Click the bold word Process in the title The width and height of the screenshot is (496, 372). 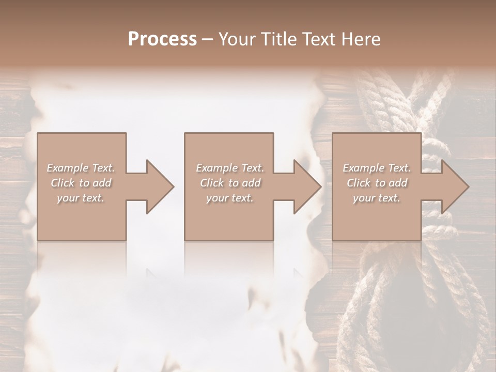tap(162, 39)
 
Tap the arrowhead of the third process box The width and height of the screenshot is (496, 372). tap(455, 187)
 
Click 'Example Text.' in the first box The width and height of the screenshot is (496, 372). tap(81, 168)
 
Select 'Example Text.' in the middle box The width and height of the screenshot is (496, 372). tap(229, 168)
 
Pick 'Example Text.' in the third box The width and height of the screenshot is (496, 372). tap(377, 168)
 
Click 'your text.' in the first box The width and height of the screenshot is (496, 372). tap(81, 198)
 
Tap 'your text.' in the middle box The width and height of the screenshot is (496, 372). tap(229, 198)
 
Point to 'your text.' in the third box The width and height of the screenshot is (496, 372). tap(377, 198)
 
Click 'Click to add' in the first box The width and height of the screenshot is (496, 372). tap(81, 183)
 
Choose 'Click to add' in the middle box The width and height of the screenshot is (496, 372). tap(229, 183)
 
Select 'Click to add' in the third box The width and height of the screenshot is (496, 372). tap(377, 183)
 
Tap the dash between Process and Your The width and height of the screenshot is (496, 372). tap(207, 39)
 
